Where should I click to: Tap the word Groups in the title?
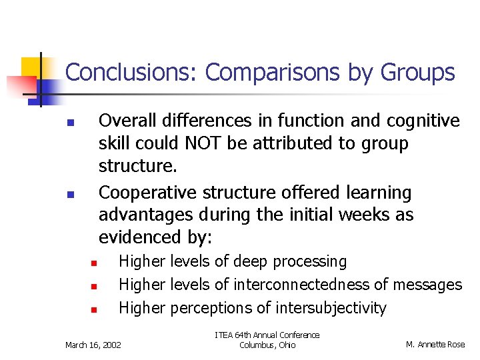(x=418, y=72)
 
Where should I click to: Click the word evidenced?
(x=139, y=238)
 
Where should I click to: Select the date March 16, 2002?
(x=93, y=345)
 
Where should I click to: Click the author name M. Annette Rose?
(x=435, y=345)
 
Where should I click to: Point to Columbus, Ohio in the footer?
(x=267, y=345)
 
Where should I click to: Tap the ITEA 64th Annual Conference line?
(x=267, y=335)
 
